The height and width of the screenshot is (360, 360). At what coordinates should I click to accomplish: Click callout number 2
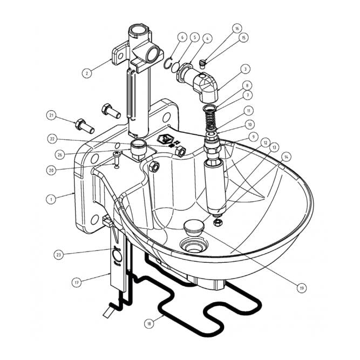[x=86, y=71]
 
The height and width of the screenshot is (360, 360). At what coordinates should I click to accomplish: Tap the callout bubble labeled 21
[x=51, y=116]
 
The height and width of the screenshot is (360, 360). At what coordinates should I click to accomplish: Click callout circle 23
[x=58, y=254]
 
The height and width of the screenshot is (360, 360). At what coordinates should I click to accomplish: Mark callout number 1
[x=50, y=199]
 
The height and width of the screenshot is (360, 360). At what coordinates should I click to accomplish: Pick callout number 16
[x=237, y=28]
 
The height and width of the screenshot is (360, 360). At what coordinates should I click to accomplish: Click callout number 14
[x=286, y=157]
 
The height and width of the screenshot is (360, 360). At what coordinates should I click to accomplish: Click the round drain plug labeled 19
[x=193, y=227]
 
